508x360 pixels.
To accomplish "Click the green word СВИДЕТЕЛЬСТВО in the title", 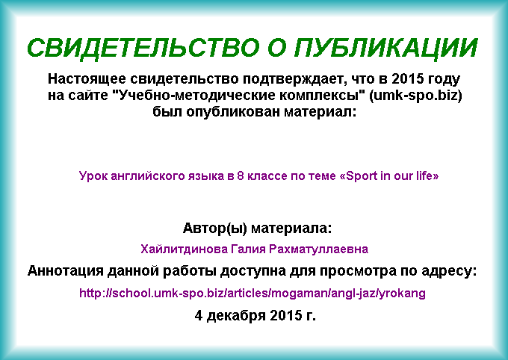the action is tap(143, 49).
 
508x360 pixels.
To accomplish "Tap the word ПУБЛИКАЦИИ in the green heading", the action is tap(386, 49).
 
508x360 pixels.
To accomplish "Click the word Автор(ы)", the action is tap(215, 228).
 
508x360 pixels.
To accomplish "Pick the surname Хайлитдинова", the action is tap(184, 249).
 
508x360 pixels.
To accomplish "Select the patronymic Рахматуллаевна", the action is tap(318, 249).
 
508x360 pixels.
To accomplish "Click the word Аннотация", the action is tap(66, 271).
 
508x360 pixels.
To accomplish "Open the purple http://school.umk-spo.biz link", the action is tap(253, 294).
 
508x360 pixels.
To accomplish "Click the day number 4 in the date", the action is tap(199, 315).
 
